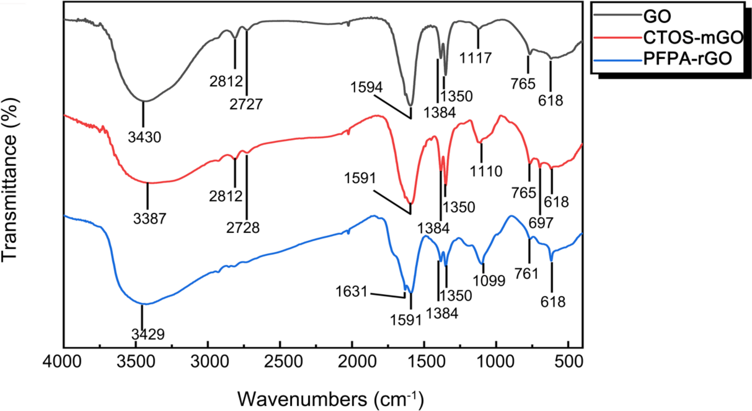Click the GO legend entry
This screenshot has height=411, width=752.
[x=657, y=16]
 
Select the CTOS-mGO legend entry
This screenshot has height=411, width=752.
[x=693, y=37]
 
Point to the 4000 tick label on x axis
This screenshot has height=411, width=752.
[x=62, y=362]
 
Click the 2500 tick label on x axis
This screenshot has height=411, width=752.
[x=279, y=362]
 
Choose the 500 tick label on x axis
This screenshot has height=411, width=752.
[x=568, y=362]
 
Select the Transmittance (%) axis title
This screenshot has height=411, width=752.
[x=10, y=180]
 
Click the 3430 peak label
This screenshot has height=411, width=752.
[x=145, y=137]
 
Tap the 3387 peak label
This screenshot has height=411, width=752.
[x=149, y=218]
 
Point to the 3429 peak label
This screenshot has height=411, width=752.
[x=148, y=334]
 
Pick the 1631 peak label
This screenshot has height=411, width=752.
[x=351, y=291]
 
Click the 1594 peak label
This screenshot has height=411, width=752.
[x=366, y=87]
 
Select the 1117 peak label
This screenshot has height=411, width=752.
[x=475, y=58]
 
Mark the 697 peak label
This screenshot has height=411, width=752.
[x=541, y=223]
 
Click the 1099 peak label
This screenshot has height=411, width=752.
[x=489, y=280]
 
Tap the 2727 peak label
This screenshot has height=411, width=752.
[x=246, y=104]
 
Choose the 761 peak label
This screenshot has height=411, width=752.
[x=526, y=274]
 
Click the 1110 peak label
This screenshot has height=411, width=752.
[x=486, y=171]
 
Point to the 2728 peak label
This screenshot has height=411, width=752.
[x=243, y=228]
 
